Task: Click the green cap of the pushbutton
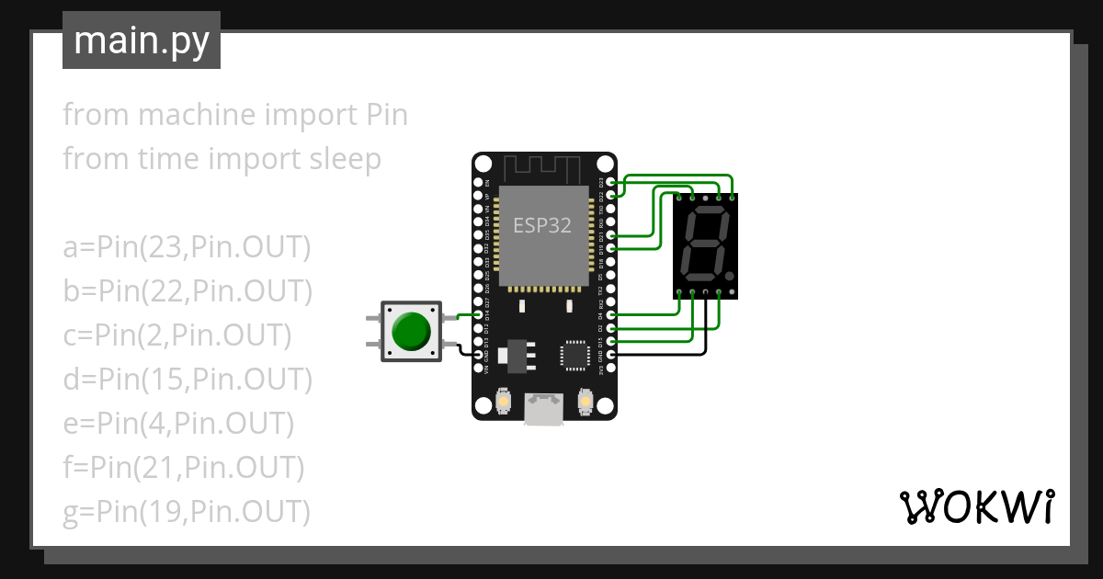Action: pos(410,332)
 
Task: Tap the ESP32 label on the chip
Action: pos(541,226)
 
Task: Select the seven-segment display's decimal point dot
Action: pos(729,275)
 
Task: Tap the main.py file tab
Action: pos(141,40)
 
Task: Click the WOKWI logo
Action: pos(975,506)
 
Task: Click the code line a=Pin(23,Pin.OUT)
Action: pos(188,247)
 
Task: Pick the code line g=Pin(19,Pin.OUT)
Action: pos(186,511)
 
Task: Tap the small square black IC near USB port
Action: pos(575,354)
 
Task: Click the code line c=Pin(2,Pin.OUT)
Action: pos(177,335)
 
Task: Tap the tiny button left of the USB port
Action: pos(503,402)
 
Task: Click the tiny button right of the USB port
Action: pos(584,402)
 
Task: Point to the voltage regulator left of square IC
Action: pos(515,354)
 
